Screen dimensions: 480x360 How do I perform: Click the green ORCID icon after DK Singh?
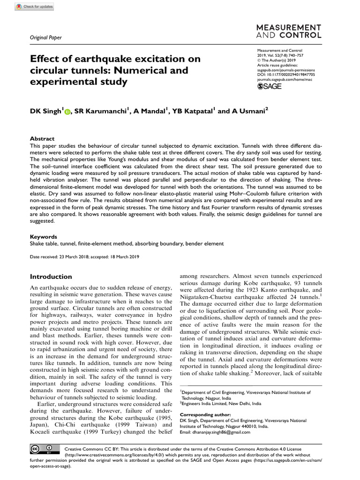click(67, 112)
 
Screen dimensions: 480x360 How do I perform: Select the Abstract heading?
click(42, 139)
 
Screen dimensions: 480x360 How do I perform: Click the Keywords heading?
click(44, 237)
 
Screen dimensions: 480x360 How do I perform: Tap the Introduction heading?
click(51, 277)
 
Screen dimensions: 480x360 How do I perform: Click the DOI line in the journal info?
click(286, 75)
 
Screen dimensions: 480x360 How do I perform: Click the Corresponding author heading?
click(205, 414)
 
